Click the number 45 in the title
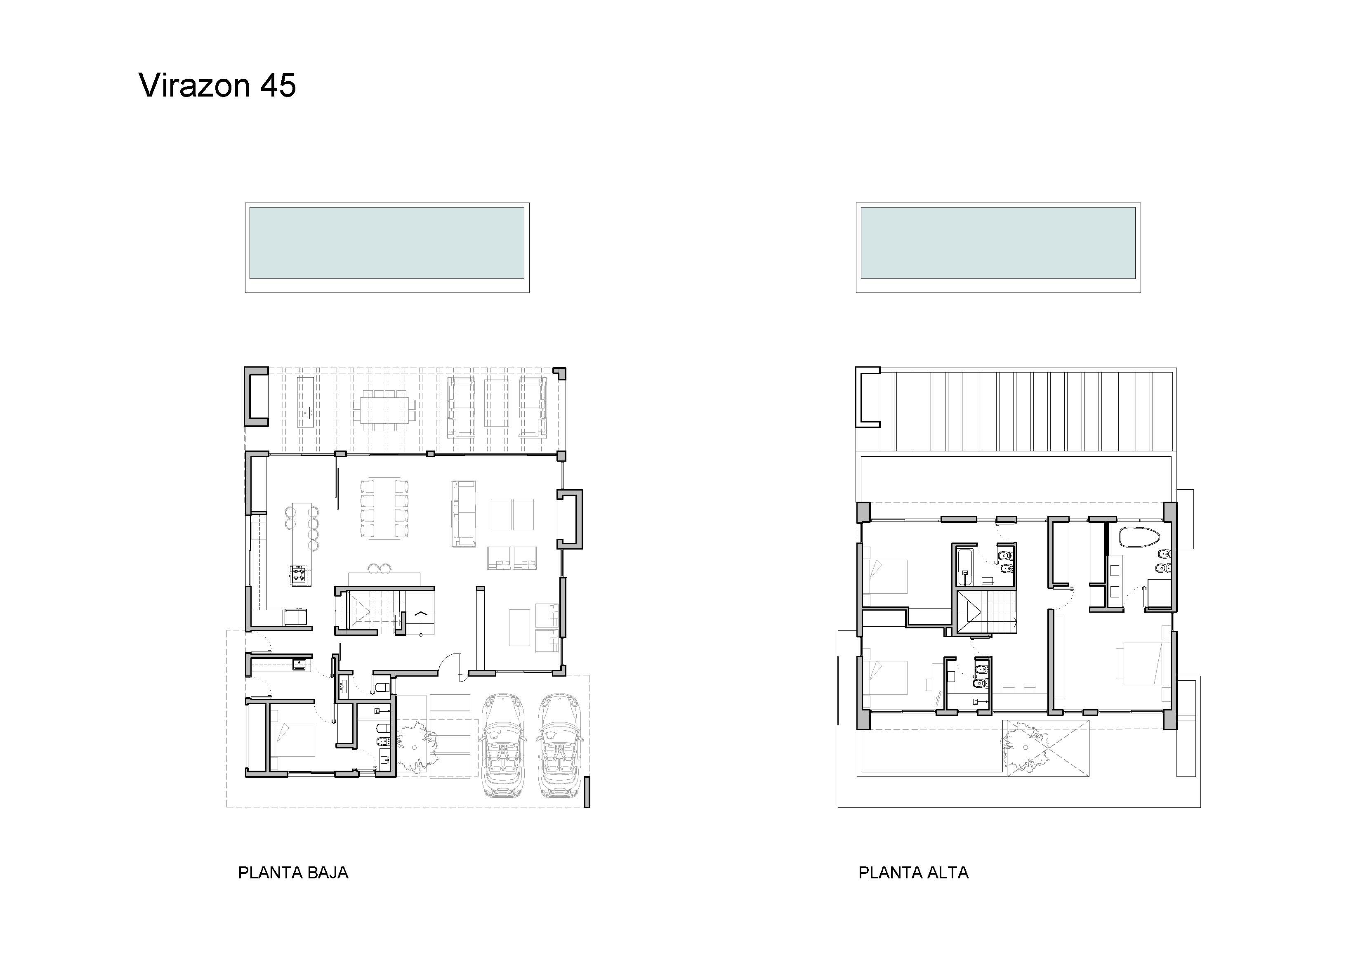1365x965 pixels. pyautogui.click(x=278, y=86)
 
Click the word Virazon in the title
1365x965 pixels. pyautogui.click(x=194, y=86)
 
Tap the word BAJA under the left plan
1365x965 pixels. pyautogui.click(x=327, y=873)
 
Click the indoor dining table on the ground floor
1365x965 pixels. pyautogui.click(x=384, y=508)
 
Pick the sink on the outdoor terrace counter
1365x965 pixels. pyautogui.click(x=305, y=411)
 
